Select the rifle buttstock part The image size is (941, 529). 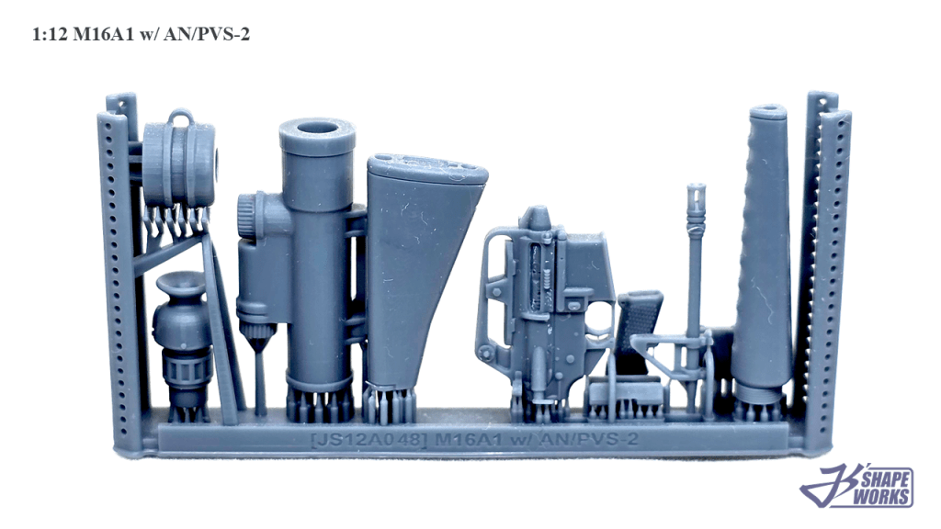click(x=424, y=270)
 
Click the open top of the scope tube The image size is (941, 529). click(x=318, y=129)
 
